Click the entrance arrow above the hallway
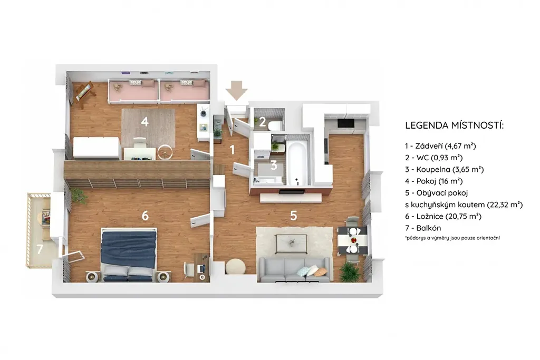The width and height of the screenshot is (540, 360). (x=237, y=90)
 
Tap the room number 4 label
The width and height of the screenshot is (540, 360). (x=144, y=121)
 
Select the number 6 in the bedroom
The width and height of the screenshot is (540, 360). (x=145, y=216)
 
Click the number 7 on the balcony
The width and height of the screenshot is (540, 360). (x=40, y=249)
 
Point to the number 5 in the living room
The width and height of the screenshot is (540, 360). (x=293, y=216)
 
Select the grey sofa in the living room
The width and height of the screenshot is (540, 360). (x=294, y=270)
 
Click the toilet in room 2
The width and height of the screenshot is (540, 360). (x=275, y=125)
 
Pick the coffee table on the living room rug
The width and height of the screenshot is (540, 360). (x=291, y=244)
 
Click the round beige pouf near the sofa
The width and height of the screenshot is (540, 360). (x=236, y=266)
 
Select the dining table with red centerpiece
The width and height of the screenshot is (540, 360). (x=352, y=240)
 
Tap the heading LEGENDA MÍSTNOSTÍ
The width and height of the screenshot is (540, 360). (x=454, y=125)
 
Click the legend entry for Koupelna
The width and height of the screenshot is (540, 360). (x=444, y=169)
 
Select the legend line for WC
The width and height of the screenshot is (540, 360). (x=433, y=158)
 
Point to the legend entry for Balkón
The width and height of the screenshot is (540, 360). (x=423, y=228)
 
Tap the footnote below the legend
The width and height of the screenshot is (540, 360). (x=452, y=238)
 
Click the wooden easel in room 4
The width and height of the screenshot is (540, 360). (x=84, y=94)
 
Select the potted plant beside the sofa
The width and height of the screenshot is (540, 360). (x=350, y=272)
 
